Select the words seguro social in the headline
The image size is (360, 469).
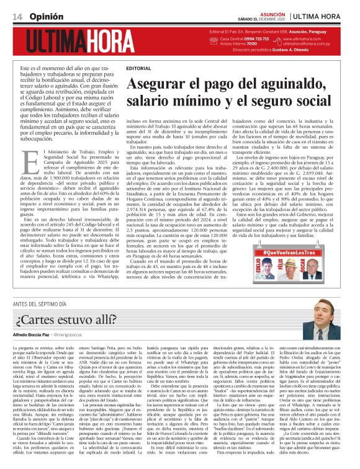click(304, 99)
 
